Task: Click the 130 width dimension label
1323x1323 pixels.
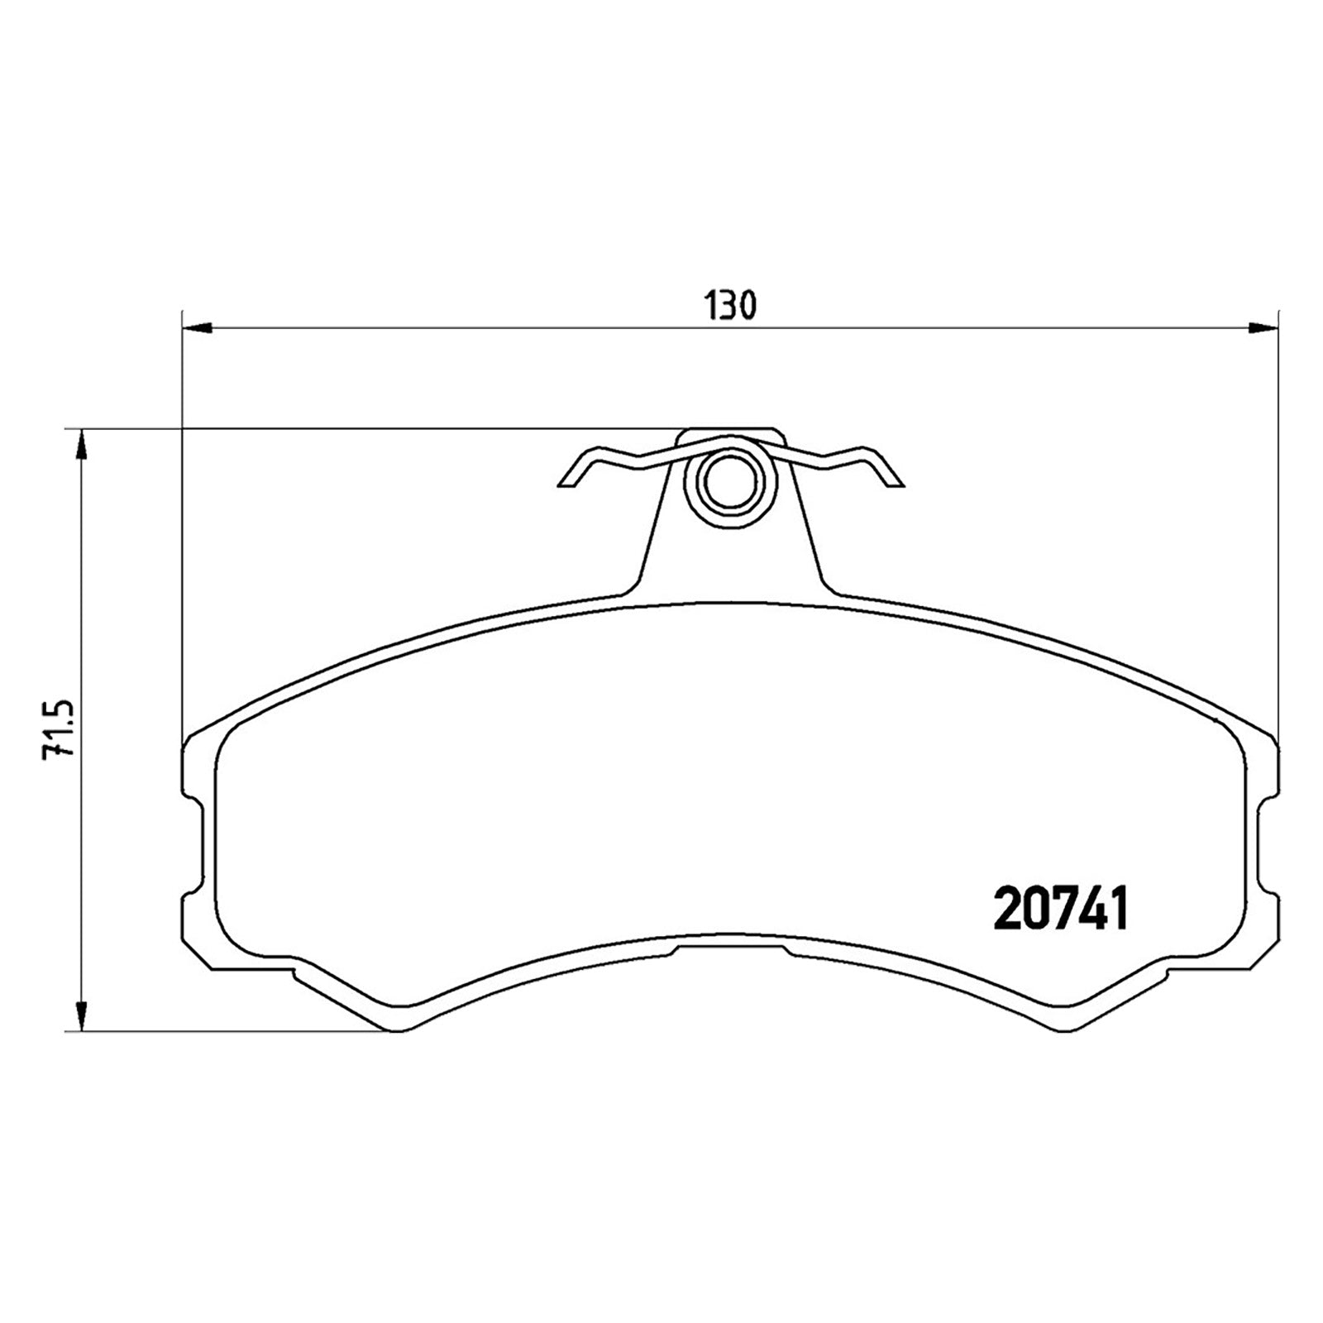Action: pos(731,306)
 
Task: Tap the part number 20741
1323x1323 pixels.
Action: pos(1062,909)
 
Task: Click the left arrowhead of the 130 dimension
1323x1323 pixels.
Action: pos(197,328)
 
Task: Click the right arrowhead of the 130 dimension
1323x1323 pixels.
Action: pos(1263,328)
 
